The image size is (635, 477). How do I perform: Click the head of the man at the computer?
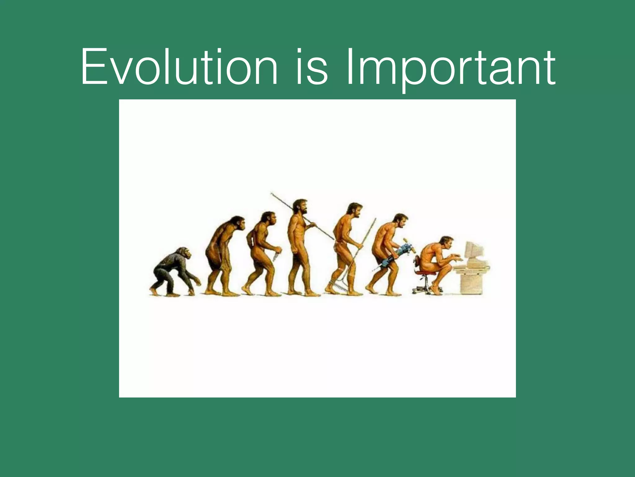coord(446,243)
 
